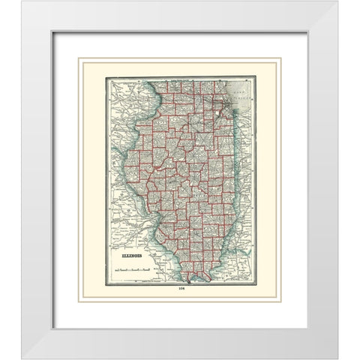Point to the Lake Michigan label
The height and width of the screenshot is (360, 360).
click(x=241, y=94)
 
